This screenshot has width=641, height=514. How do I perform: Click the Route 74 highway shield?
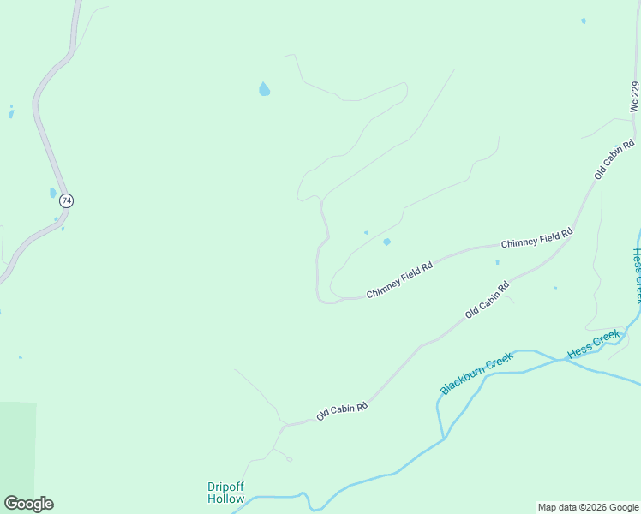pos(67,200)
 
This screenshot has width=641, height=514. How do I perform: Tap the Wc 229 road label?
pos(634,97)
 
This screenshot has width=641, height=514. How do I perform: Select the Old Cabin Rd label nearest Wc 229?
pos(614,158)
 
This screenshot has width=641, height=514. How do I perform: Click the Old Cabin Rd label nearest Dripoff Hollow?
pos(342,412)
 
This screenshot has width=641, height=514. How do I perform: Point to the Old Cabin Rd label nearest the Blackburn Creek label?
pos(487,300)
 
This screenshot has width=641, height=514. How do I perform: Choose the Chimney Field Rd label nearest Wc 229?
pos(536,239)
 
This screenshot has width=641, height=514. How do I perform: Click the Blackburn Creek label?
pos(476,374)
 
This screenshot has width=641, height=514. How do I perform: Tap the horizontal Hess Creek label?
pos(593,344)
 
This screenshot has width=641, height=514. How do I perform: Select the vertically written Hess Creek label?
pos(636,275)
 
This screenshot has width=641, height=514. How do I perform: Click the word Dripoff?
pos(226,487)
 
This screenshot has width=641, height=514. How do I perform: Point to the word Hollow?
pos(226,499)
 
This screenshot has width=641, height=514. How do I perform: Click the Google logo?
pos(28,504)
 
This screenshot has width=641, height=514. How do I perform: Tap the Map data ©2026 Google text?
pos(588,507)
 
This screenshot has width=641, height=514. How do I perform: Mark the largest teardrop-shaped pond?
pos(264,88)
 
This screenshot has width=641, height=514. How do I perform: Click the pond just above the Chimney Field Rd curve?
pos(386,242)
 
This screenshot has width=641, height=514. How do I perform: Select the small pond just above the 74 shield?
pos(53,192)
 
